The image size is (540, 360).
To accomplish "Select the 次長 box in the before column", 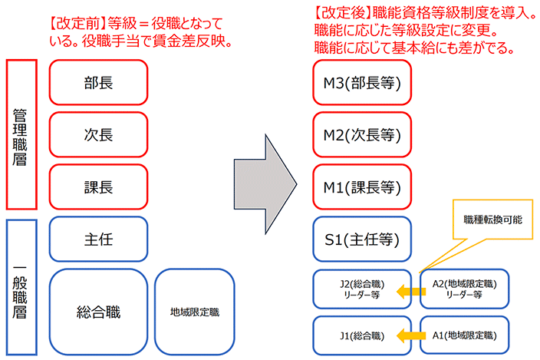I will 98,134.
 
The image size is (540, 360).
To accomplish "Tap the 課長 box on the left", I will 98,187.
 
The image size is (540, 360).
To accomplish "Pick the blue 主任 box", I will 98,239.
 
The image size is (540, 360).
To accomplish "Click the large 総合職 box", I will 98,311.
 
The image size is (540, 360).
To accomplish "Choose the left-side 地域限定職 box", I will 194,312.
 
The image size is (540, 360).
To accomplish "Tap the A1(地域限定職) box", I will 463,335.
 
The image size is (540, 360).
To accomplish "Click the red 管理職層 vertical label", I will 21,134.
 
